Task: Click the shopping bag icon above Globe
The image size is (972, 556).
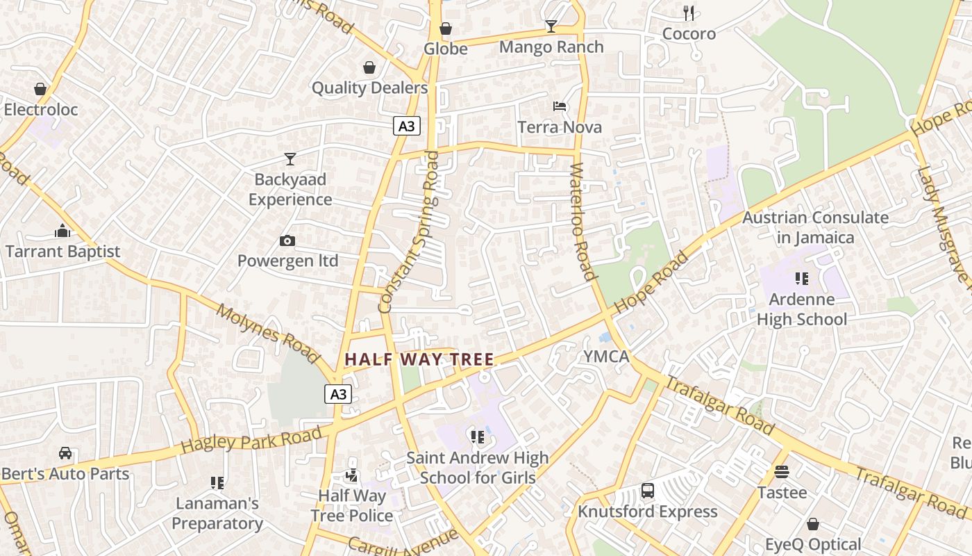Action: click(446, 28)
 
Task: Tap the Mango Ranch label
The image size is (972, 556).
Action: click(551, 47)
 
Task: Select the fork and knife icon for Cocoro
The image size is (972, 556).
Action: click(689, 13)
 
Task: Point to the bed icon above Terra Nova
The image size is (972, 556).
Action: click(560, 106)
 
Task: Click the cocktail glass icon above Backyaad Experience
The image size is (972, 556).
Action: click(290, 159)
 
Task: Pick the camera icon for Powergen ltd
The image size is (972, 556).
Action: click(287, 241)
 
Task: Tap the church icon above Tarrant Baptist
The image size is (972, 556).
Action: click(62, 231)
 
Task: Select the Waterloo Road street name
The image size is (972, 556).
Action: click(584, 221)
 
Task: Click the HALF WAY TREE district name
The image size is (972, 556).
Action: click(419, 359)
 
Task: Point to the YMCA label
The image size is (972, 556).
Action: click(606, 357)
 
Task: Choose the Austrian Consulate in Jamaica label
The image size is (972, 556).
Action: click(816, 227)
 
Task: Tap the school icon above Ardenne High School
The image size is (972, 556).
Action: click(802, 279)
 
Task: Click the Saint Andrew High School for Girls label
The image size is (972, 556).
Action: click(478, 468)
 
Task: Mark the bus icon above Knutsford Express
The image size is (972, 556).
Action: click(648, 491)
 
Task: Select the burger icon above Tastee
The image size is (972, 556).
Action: click(782, 472)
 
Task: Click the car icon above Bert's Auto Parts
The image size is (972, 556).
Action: click(65, 453)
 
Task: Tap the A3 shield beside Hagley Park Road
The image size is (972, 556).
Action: click(338, 394)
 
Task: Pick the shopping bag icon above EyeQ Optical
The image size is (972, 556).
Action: click(813, 524)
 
